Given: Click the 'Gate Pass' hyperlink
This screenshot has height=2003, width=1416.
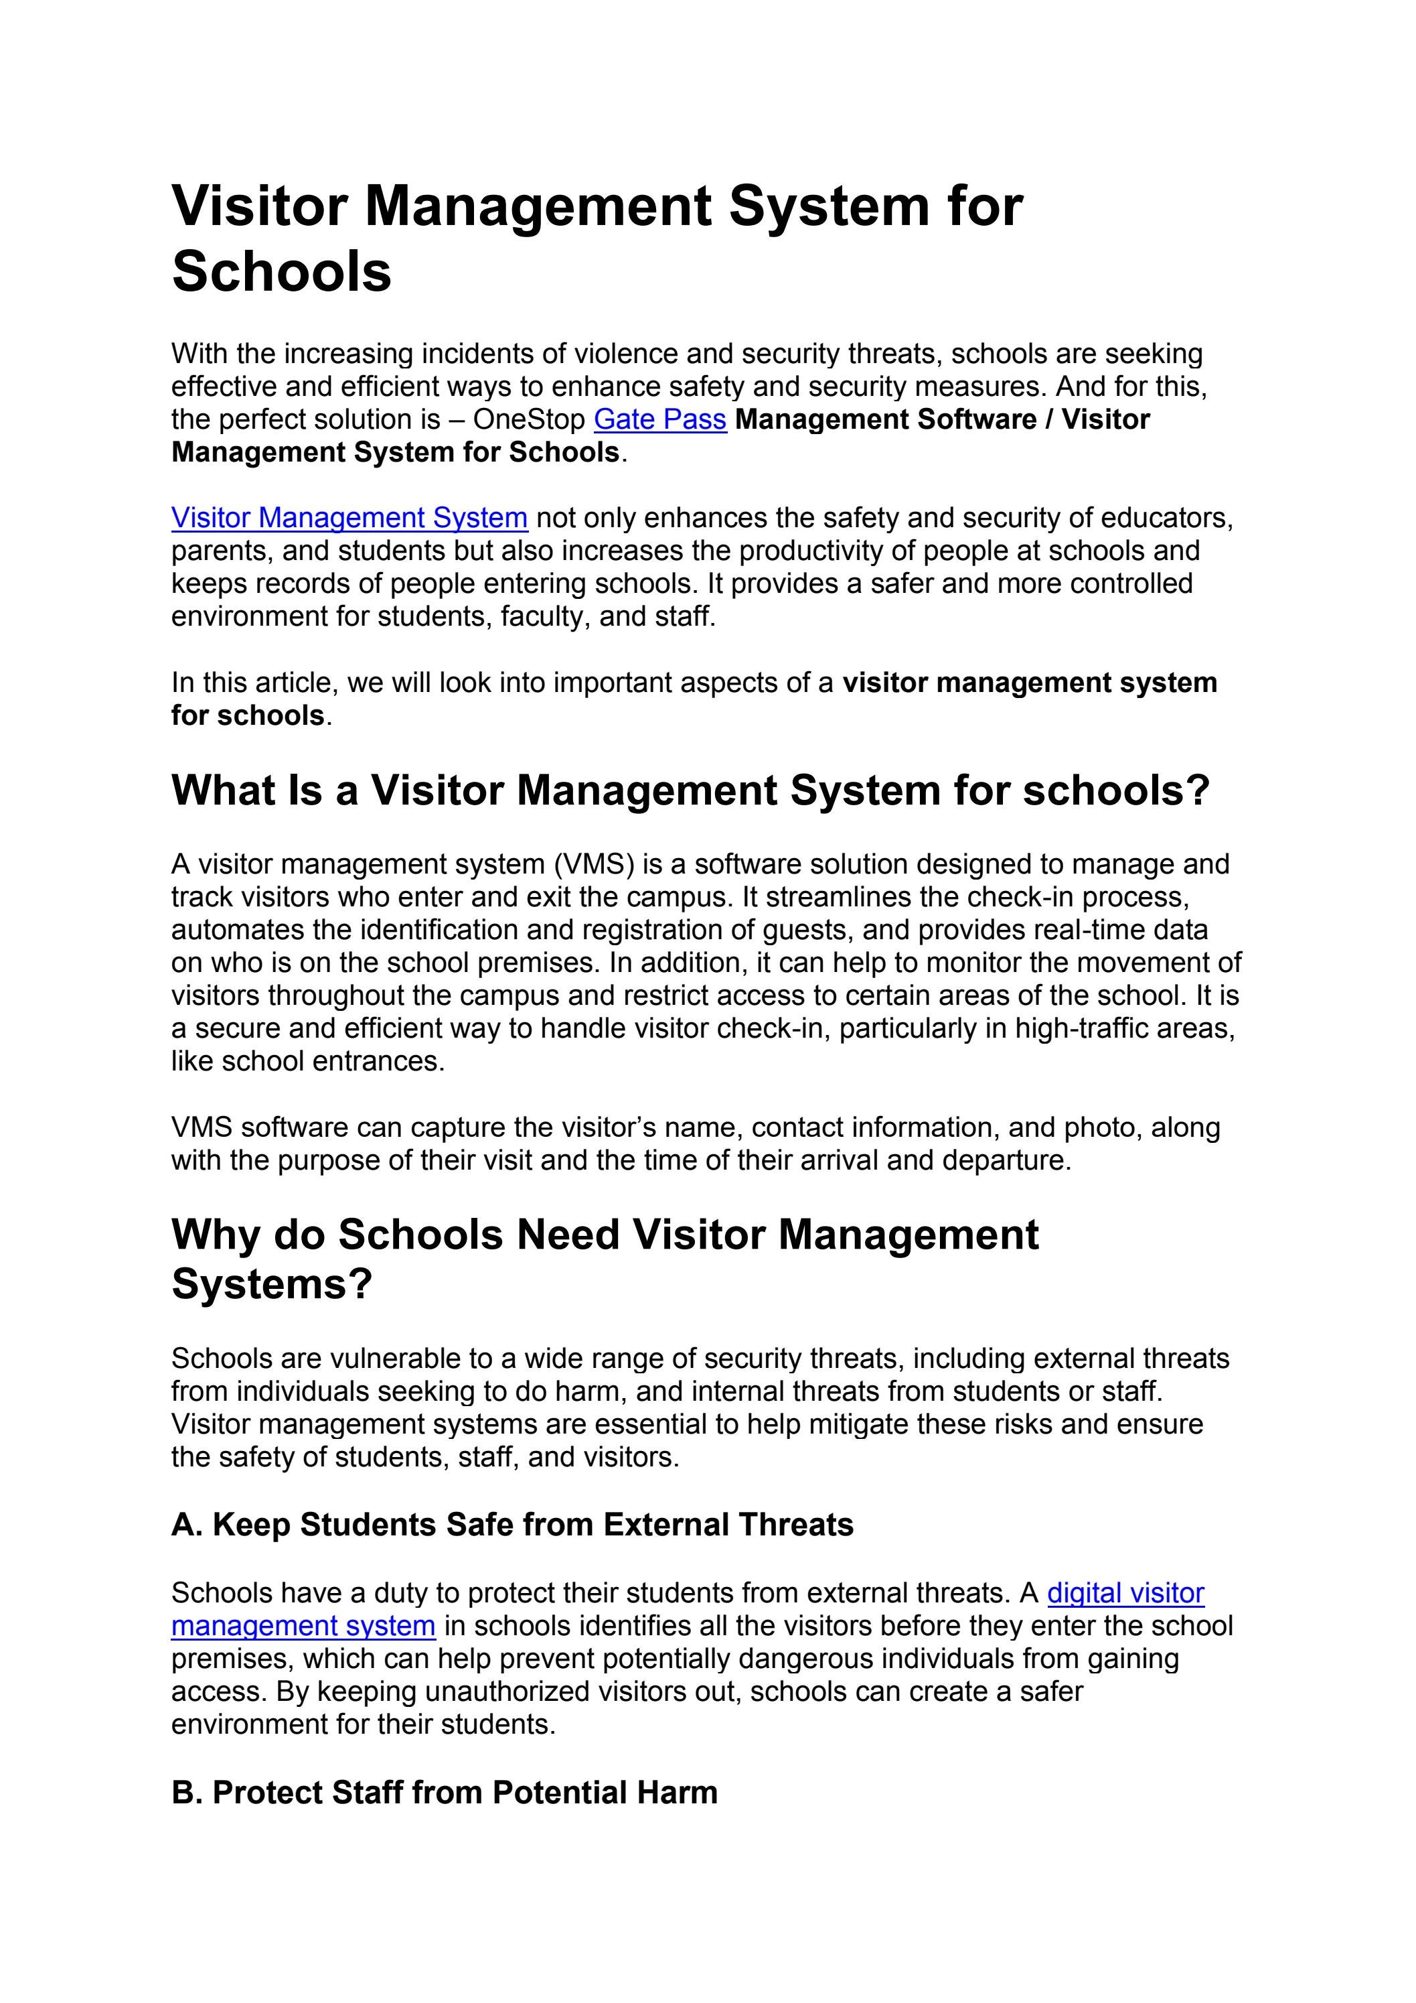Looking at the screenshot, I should point(659,419).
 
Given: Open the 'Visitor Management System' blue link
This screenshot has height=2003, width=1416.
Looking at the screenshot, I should point(349,519).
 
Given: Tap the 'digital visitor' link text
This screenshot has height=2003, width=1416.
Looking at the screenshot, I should point(1125,1593).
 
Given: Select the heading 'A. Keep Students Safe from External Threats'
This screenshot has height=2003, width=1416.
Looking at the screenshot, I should point(512,1525).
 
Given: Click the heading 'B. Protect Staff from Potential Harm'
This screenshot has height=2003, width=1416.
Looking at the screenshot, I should point(444,1793).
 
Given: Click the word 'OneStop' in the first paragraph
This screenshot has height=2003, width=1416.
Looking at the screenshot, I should point(528,419).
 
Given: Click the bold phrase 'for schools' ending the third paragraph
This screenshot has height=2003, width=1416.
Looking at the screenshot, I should point(248,715).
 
